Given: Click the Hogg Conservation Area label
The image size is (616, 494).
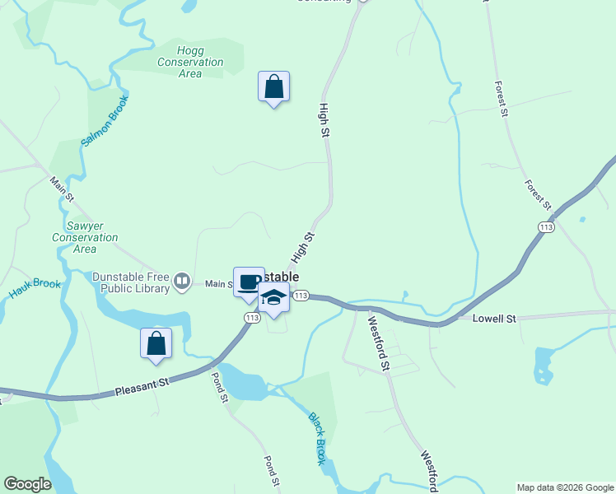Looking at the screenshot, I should tap(190, 62).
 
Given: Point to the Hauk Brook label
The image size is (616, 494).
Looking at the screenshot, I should tap(35, 289).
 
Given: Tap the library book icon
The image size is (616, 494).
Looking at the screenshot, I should tap(182, 283).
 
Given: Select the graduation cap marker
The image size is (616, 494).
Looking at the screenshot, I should tap(273, 298).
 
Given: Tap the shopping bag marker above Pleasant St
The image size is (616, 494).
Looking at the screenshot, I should tap(156, 343).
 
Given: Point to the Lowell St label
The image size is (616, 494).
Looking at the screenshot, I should tap(493, 318).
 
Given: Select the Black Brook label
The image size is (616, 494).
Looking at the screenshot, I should tap(318, 438).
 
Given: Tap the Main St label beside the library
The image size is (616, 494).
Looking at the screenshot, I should tap(219, 284).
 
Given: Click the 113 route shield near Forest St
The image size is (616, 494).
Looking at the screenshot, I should tap(545, 226).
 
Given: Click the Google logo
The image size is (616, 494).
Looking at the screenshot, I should tap(27, 484).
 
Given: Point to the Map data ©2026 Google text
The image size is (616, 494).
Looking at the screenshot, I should tap(565, 487).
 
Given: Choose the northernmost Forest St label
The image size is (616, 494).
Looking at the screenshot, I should tap(500, 99).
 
